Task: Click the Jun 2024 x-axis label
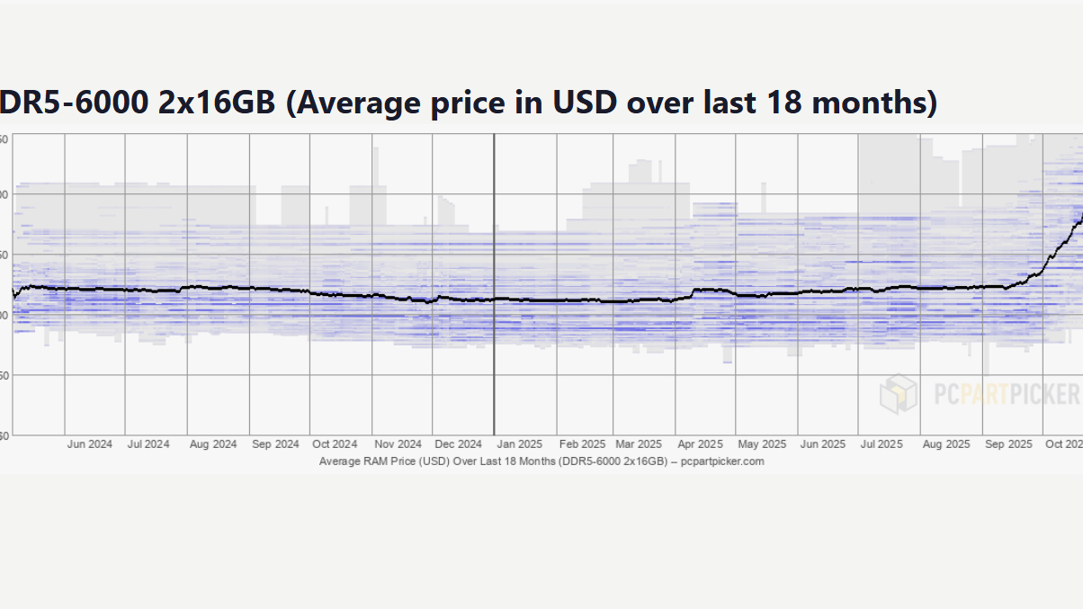click(90, 444)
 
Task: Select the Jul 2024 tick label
click(148, 444)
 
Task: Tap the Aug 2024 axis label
click(213, 444)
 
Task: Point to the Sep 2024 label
click(275, 444)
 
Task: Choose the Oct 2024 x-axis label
click(335, 444)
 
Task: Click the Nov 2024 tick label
click(398, 444)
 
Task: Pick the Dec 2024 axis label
click(458, 444)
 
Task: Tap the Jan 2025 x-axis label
click(519, 444)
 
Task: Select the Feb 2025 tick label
click(582, 444)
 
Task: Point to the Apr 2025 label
click(700, 444)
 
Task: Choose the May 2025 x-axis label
click(762, 444)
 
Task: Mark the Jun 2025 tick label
click(823, 444)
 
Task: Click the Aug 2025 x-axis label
click(945, 444)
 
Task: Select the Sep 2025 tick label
click(1008, 444)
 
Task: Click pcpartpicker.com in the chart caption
click(722, 461)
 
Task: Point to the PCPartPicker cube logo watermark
click(899, 393)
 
